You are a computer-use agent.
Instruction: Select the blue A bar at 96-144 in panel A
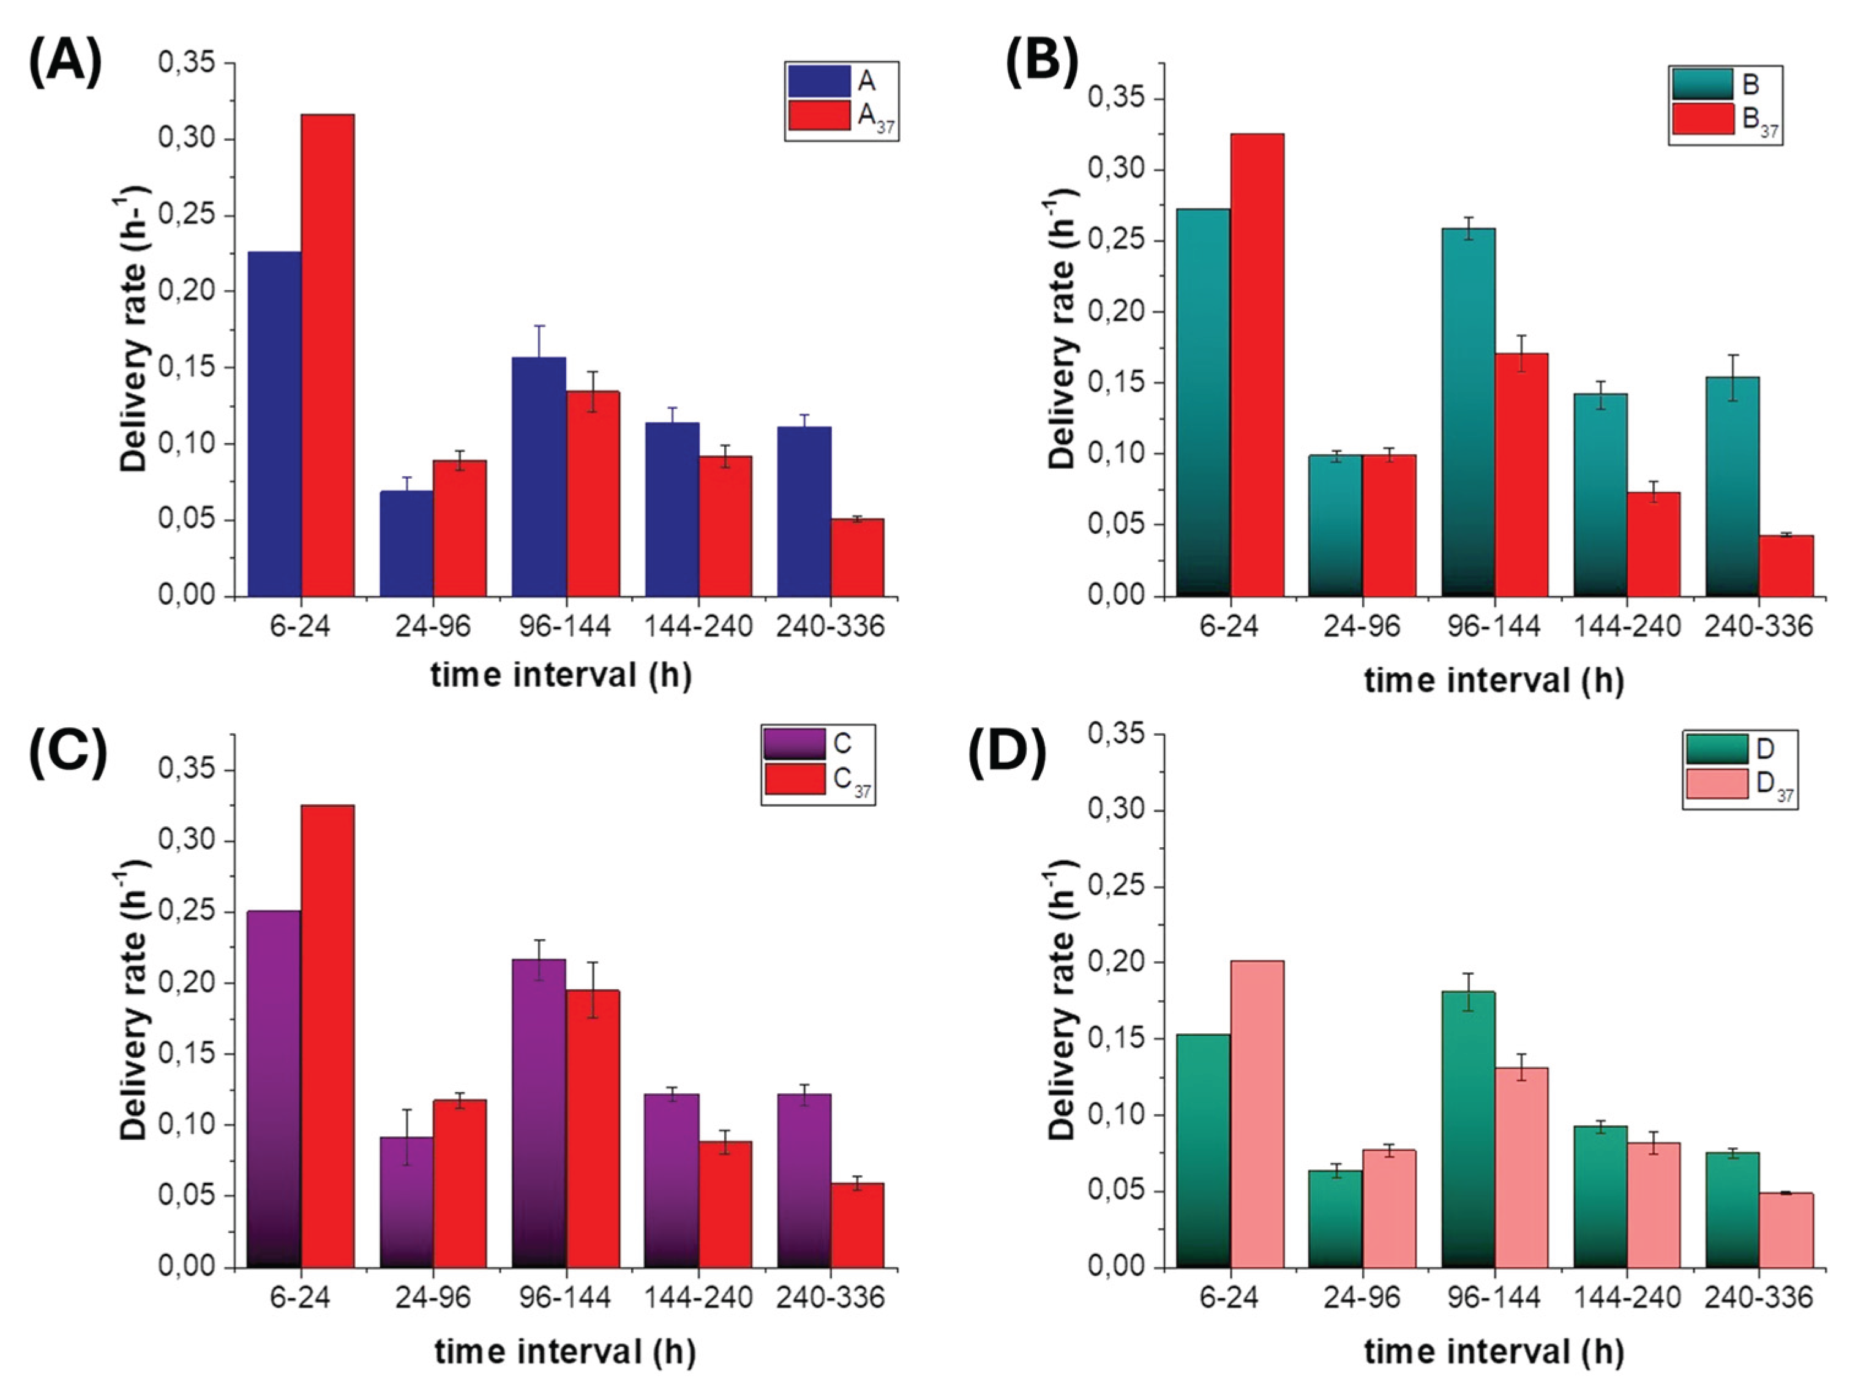[x=539, y=477]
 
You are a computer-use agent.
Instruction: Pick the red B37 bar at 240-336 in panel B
[x=1786, y=566]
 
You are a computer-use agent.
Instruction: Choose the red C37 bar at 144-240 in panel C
[x=725, y=1204]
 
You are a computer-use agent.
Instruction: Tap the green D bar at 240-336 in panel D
[x=1734, y=1209]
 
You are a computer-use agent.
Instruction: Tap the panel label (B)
[x=1041, y=64]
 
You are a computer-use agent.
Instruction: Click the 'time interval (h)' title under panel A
[x=561, y=675]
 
